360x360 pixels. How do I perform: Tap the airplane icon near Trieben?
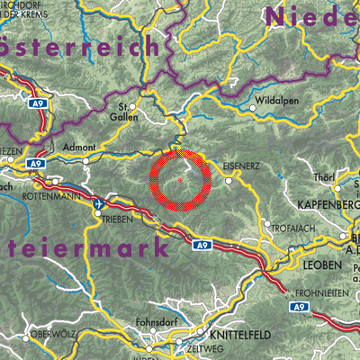(x=98, y=204)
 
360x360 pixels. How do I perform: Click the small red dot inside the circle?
(x=181, y=180)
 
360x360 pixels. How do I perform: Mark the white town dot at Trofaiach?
(x=267, y=222)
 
